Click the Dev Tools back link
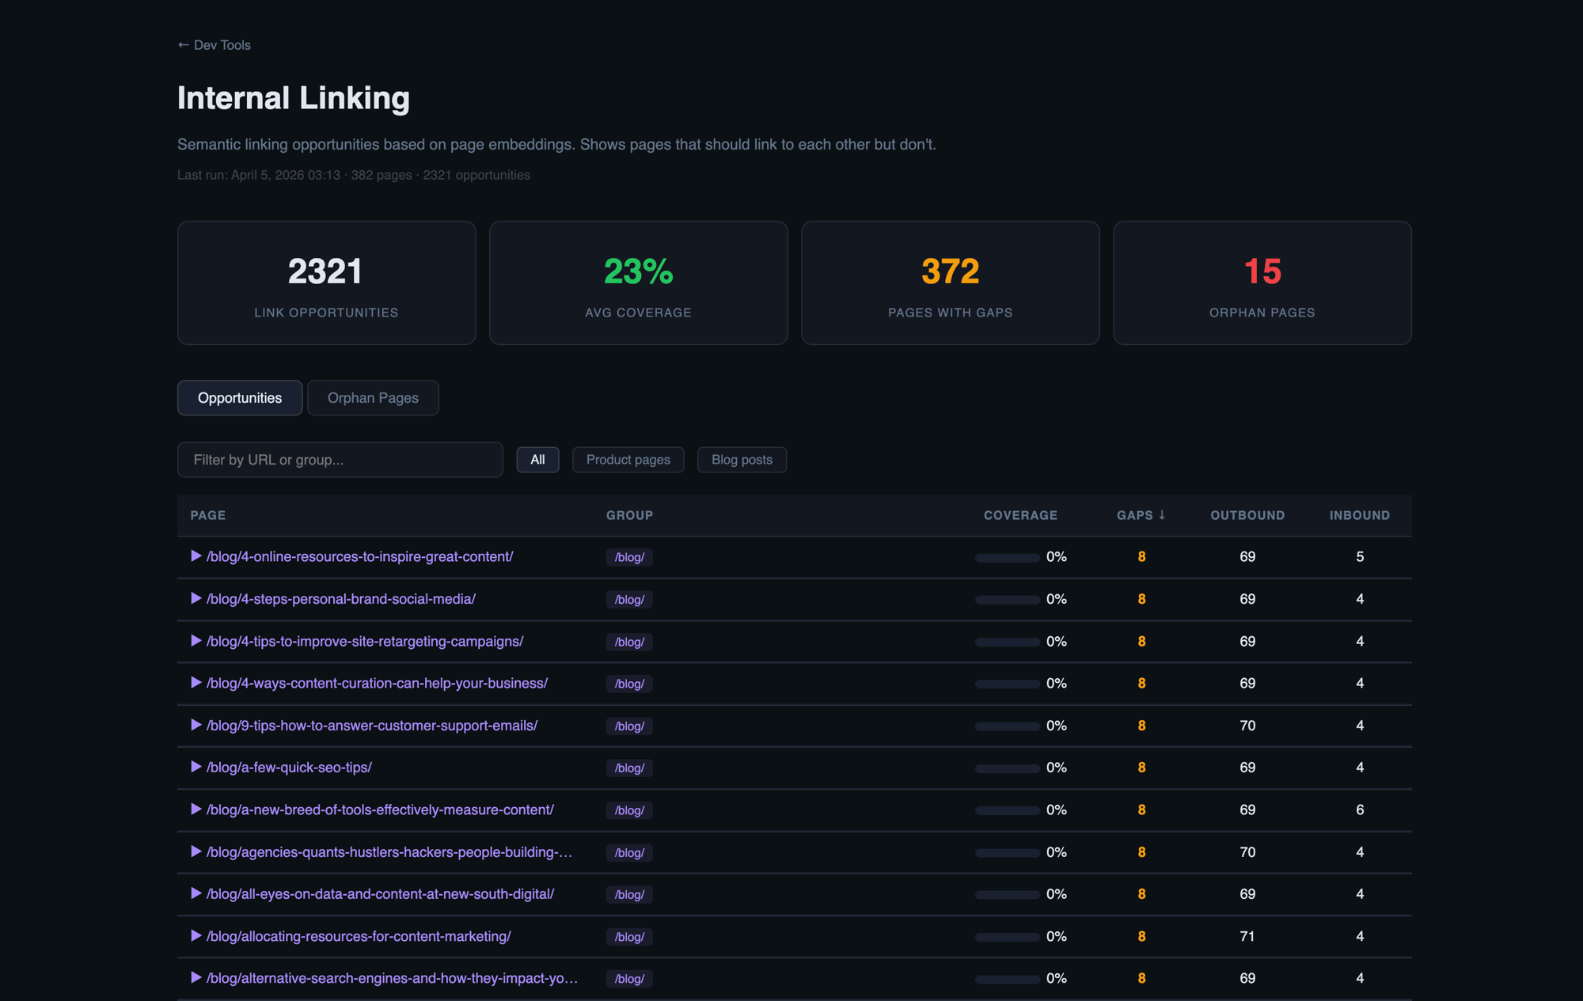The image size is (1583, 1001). click(214, 45)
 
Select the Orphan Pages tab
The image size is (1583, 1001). click(373, 398)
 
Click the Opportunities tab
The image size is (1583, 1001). click(240, 398)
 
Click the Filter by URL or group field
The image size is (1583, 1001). click(340, 460)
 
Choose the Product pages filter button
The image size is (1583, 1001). click(628, 460)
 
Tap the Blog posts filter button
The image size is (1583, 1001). click(742, 460)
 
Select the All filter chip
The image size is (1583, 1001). click(537, 460)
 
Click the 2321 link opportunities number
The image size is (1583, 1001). click(325, 271)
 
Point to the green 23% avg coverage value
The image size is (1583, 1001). click(638, 271)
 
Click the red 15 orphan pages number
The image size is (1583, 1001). click(1262, 271)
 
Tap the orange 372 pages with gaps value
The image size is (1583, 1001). click(950, 271)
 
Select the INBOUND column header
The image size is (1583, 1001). click(1359, 515)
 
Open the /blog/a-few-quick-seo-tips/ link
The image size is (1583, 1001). click(289, 768)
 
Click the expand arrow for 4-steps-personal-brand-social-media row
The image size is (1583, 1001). click(196, 599)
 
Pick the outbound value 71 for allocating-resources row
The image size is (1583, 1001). click(1247, 936)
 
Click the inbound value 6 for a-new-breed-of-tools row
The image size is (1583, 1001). click(1360, 810)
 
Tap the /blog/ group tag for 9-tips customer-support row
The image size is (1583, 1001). click(629, 726)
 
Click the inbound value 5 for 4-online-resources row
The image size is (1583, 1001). click(1360, 557)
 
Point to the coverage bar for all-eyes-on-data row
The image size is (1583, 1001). click(1007, 895)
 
